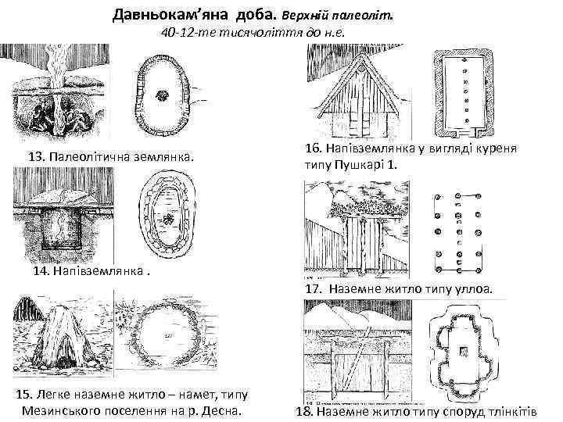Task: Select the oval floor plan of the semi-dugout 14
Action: (x=166, y=219)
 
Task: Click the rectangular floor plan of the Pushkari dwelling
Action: (x=464, y=91)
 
